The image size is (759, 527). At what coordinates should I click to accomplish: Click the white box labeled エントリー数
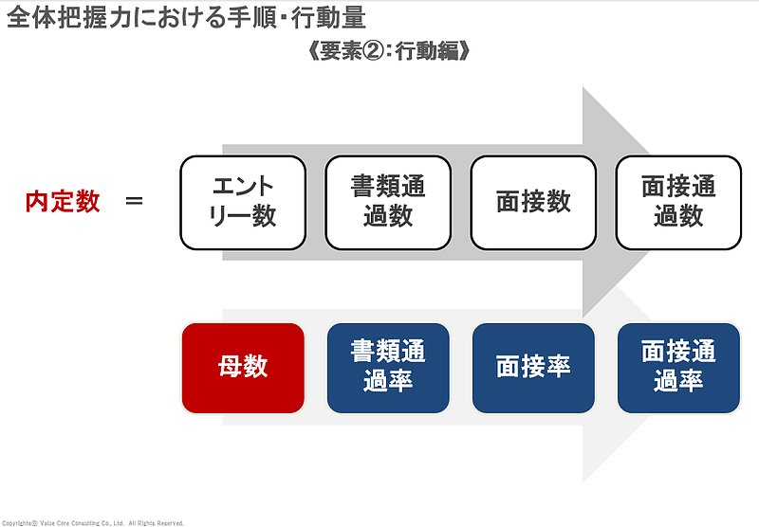click(x=242, y=202)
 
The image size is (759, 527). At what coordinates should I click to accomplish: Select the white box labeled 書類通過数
click(x=388, y=202)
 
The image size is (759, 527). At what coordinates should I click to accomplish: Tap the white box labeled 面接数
click(x=533, y=202)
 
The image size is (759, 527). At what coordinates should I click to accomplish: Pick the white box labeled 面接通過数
click(x=678, y=202)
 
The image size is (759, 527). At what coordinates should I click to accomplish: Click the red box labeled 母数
click(x=243, y=368)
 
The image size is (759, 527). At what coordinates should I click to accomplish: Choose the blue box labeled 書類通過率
click(x=388, y=368)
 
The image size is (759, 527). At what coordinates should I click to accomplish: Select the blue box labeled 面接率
click(x=533, y=368)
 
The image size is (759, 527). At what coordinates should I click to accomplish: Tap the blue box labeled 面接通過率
click(x=678, y=368)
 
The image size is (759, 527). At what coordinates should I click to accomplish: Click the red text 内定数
click(x=63, y=202)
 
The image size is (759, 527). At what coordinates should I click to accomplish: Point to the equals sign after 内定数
click(x=135, y=202)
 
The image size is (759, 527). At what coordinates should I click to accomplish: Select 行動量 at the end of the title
click(x=333, y=18)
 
